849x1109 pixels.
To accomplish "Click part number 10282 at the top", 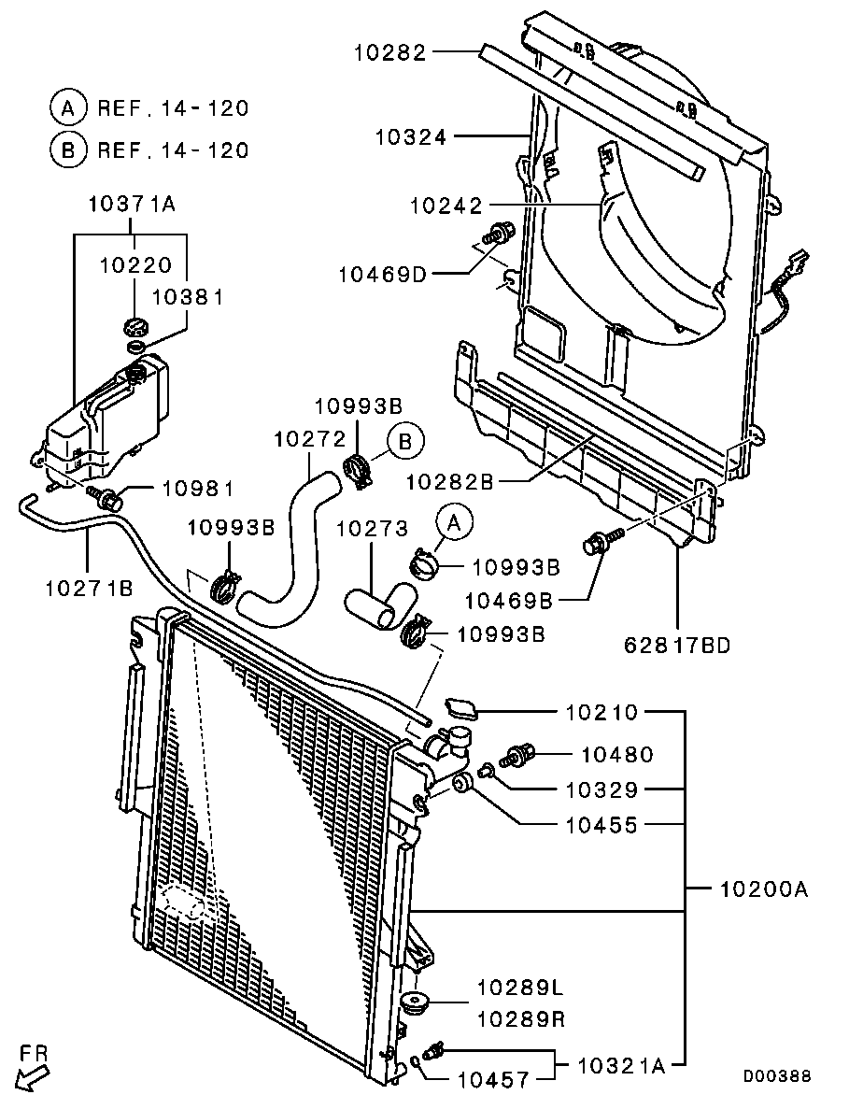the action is [390, 52].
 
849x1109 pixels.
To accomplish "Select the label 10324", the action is [411, 136].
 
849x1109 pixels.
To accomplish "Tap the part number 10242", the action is [446, 206].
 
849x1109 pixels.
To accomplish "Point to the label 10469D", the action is [382, 274].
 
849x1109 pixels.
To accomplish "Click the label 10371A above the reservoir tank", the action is [132, 205].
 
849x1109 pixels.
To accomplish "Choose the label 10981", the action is [199, 488].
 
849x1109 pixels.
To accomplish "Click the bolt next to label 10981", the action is [106, 497].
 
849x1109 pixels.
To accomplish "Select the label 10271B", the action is [89, 588].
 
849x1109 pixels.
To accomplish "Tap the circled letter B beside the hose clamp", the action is [405, 442].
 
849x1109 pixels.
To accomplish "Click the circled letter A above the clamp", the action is [455, 522].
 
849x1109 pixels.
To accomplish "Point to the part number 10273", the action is [372, 529].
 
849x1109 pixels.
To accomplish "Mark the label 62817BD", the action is [677, 645].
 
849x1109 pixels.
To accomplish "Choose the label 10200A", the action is [763, 889].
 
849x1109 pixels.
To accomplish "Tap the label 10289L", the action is [521, 987].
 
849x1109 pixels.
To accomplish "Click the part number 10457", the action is [493, 1080].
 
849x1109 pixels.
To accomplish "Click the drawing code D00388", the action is [777, 1076].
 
